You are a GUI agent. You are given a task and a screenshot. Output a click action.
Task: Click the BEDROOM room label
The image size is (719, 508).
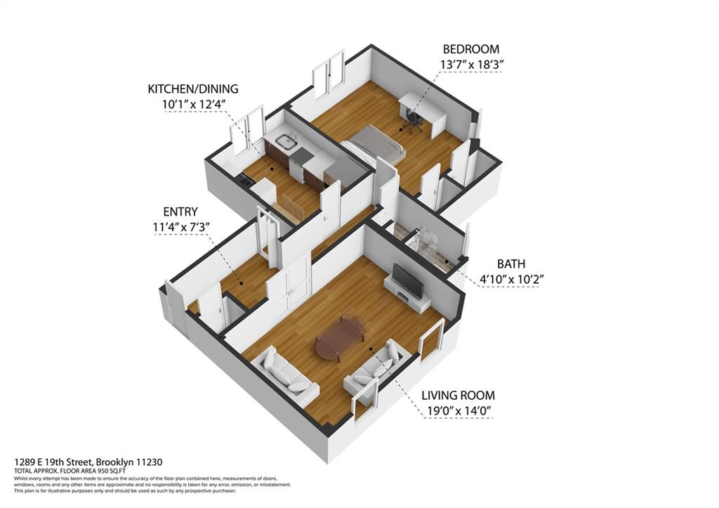[x=470, y=49]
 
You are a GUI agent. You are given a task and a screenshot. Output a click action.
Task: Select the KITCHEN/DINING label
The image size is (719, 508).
[x=192, y=89]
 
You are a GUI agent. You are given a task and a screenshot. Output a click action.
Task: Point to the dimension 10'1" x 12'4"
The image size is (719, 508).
[x=192, y=105]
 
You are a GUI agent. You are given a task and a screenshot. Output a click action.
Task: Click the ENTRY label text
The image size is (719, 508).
[x=180, y=211]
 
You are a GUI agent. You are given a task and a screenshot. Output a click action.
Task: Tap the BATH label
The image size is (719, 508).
[x=511, y=264]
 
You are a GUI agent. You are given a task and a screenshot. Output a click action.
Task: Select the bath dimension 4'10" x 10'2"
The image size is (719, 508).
[x=512, y=279]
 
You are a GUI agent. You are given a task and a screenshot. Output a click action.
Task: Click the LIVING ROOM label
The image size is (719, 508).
[x=458, y=395]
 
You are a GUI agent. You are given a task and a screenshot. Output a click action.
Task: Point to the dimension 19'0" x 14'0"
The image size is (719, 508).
[x=458, y=410]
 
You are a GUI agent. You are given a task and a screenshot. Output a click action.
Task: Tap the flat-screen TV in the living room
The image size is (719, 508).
[x=407, y=280]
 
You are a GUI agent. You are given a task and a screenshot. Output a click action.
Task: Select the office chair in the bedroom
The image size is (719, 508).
[x=412, y=123]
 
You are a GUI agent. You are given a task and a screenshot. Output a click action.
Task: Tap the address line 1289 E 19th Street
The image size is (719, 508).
[x=88, y=462]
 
